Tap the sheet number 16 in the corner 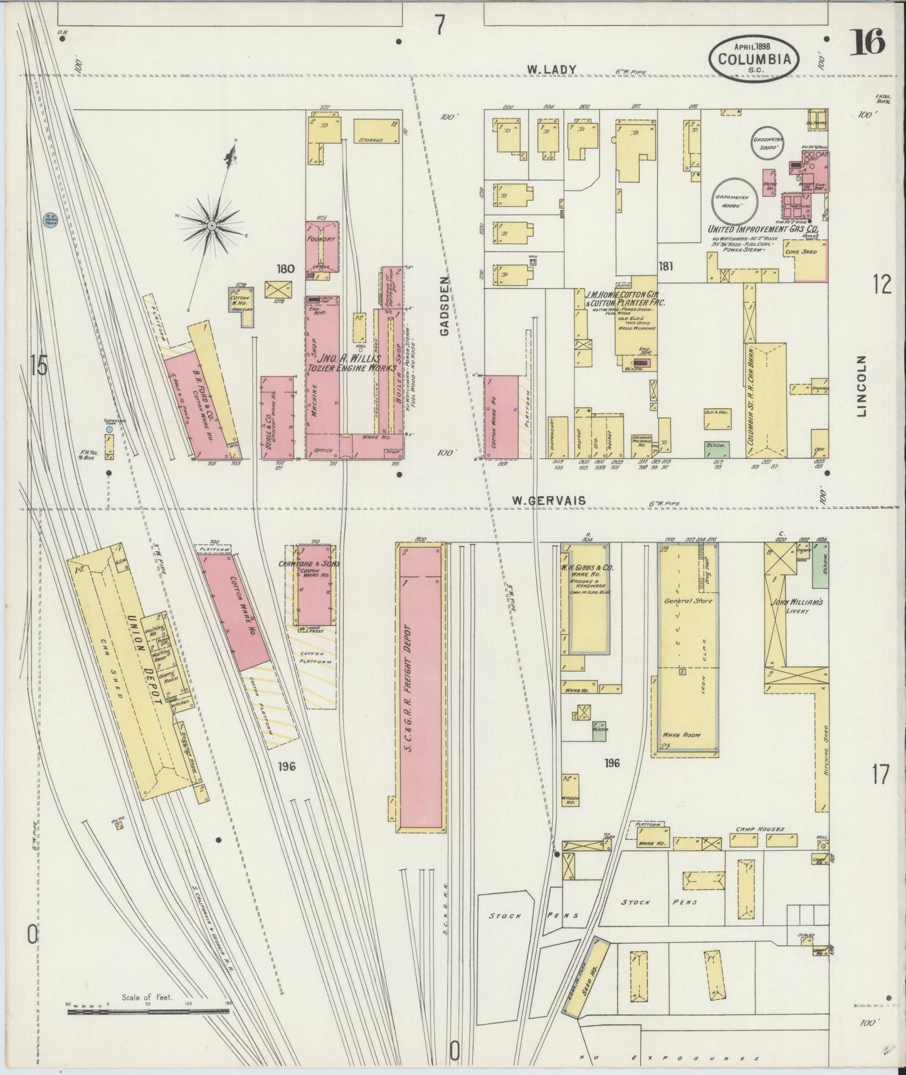pyautogui.click(x=868, y=44)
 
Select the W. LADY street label pyautogui.click(x=551, y=70)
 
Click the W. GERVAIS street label pyautogui.click(x=549, y=500)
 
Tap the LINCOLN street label pyautogui.click(x=863, y=386)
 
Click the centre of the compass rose pyautogui.click(x=212, y=225)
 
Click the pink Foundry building pyautogui.click(x=322, y=246)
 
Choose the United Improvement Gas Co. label pyautogui.click(x=764, y=230)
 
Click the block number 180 pyautogui.click(x=285, y=269)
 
